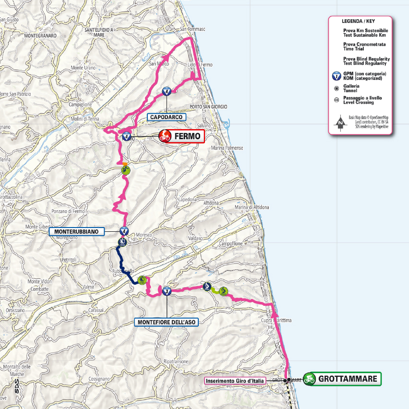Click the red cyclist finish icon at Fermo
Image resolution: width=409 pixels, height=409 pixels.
pyautogui.click(x=165, y=136)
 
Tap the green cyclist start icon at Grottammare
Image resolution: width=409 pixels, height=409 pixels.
pyautogui.click(x=310, y=379)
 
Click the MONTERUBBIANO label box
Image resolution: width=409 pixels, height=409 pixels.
pyautogui.click(x=77, y=231)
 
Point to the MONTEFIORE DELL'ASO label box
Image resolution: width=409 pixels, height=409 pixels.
pyautogui.click(x=166, y=323)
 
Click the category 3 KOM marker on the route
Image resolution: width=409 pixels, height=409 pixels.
pyautogui.click(x=167, y=291)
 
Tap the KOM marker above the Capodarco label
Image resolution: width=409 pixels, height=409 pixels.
pyautogui.click(x=167, y=92)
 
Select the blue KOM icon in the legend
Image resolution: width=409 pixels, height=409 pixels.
pyautogui.click(x=337, y=76)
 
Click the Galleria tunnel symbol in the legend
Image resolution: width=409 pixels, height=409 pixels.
pyautogui.click(x=337, y=88)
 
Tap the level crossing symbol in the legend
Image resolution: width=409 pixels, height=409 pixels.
pyautogui.click(x=337, y=100)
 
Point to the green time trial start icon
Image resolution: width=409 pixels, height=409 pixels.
pyautogui.click(x=142, y=279)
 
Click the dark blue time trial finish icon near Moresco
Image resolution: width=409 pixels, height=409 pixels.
pyautogui.click(x=122, y=241)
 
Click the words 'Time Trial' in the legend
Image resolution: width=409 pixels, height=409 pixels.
pyautogui.click(x=354, y=49)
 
